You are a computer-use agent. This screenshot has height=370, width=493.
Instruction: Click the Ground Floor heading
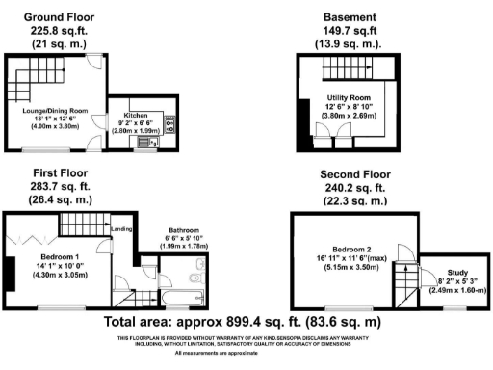[x=61, y=17]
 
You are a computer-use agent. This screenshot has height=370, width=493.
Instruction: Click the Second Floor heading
[x=351, y=174]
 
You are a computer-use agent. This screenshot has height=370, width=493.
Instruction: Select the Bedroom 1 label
[x=58, y=257]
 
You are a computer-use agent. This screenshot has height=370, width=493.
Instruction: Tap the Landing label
[x=121, y=229]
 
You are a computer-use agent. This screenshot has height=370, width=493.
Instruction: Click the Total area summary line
[x=246, y=322]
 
